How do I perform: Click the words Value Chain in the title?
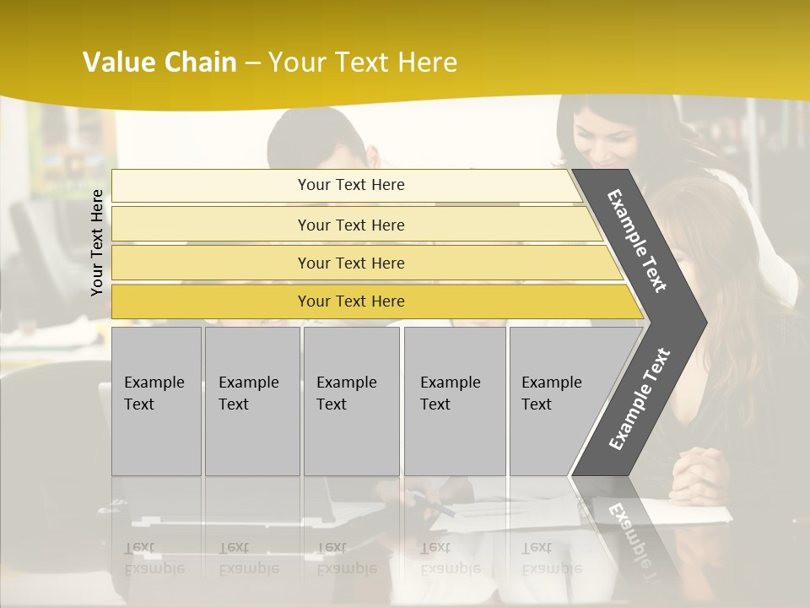pos(159,62)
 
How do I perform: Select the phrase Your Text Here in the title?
pos(363,62)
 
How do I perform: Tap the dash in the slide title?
pos(252,63)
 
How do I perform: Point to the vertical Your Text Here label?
pos(97,242)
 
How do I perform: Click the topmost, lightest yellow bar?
pos(350,185)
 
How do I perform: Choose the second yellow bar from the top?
pos(350,225)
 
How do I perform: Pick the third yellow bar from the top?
pos(350,263)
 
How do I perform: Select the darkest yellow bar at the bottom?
pos(350,301)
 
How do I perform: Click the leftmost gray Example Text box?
pos(156,401)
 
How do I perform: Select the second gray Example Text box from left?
pos(251,401)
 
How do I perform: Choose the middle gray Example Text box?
pos(351,401)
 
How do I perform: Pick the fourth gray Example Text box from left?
pos(455,401)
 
